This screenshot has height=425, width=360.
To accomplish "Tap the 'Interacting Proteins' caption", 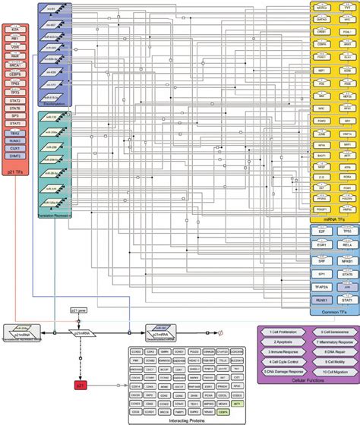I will click(179, 420).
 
